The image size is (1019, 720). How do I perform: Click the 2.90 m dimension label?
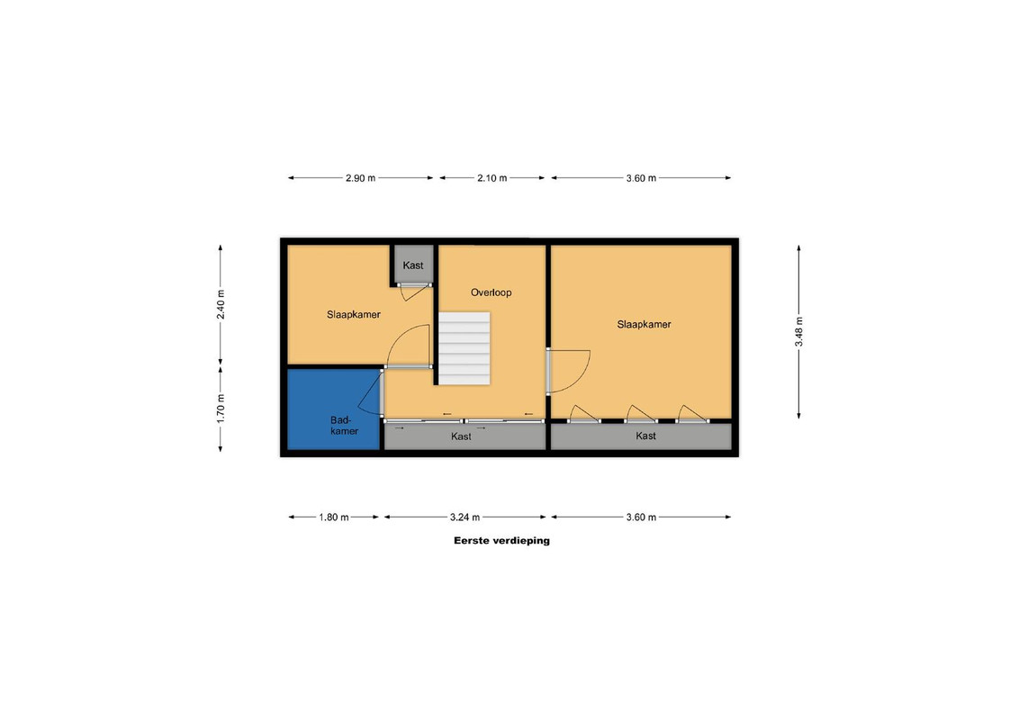[x=361, y=178]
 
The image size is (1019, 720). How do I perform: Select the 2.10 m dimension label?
[x=492, y=178]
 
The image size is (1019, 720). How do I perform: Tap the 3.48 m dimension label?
[x=798, y=331]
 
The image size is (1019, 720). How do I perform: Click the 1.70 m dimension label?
[x=221, y=409]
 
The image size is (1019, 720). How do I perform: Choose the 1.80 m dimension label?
[x=334, y=517]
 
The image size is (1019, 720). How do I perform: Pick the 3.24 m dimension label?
[x=464, y=517]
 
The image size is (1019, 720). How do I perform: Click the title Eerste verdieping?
[x=501, y=540]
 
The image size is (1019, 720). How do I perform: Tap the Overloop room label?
[x=491, y=292]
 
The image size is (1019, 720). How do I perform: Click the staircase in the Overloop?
[x=464, y=348]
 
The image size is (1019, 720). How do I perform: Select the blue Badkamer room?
[x=334, y=409]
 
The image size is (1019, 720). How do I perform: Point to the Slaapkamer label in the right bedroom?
[x=644, y=324]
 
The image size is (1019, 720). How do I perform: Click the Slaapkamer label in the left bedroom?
[x=354, y=314]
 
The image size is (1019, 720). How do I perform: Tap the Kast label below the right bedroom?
[x=646, y=436]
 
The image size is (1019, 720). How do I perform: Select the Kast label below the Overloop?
[x=462, y=436]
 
